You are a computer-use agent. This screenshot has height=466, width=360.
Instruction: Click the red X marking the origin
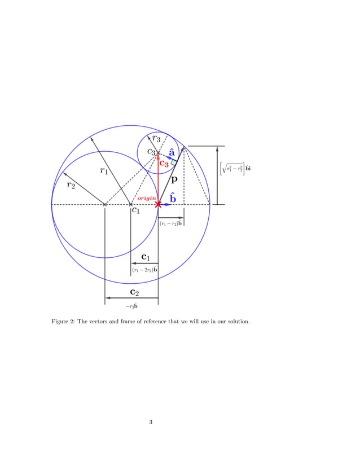(158, 204)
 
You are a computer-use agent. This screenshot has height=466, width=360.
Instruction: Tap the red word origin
(146, 198)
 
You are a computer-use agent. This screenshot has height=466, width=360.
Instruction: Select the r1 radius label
(104, 171)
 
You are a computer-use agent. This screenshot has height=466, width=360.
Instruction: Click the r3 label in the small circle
(155, 139)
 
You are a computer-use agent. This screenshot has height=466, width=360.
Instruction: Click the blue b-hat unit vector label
(173, 197)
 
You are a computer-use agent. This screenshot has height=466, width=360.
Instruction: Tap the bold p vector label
(175, 180)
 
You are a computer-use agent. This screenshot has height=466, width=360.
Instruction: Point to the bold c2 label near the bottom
(134, 292)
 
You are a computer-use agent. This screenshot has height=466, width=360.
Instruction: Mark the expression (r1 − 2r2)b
(144, 270)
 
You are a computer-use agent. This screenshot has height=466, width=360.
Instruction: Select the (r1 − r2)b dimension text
(170, 224)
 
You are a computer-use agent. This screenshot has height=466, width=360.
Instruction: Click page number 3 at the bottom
(151, 421)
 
